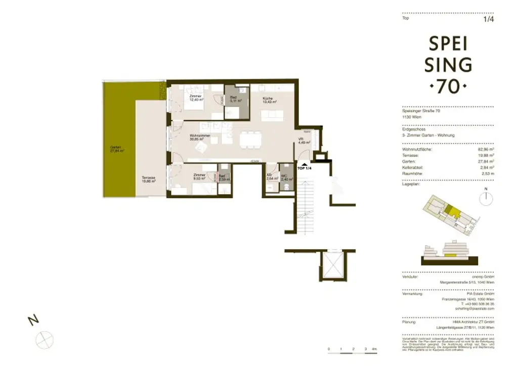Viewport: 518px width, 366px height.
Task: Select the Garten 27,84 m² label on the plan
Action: pos(117,149)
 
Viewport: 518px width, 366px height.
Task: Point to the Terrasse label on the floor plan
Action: pos(148,179)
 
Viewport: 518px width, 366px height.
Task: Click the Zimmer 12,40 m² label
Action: pos(196,98)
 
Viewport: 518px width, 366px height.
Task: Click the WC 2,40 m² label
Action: pos(286,177)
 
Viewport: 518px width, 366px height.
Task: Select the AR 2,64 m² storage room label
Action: pos(272,177)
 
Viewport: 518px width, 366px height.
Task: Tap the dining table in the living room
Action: pos(250,138)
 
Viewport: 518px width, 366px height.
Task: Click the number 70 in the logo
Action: pos(450,87)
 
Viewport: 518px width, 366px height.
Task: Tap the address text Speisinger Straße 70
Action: pos(421,111)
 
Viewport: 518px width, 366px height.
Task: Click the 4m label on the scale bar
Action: pos(374,349)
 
